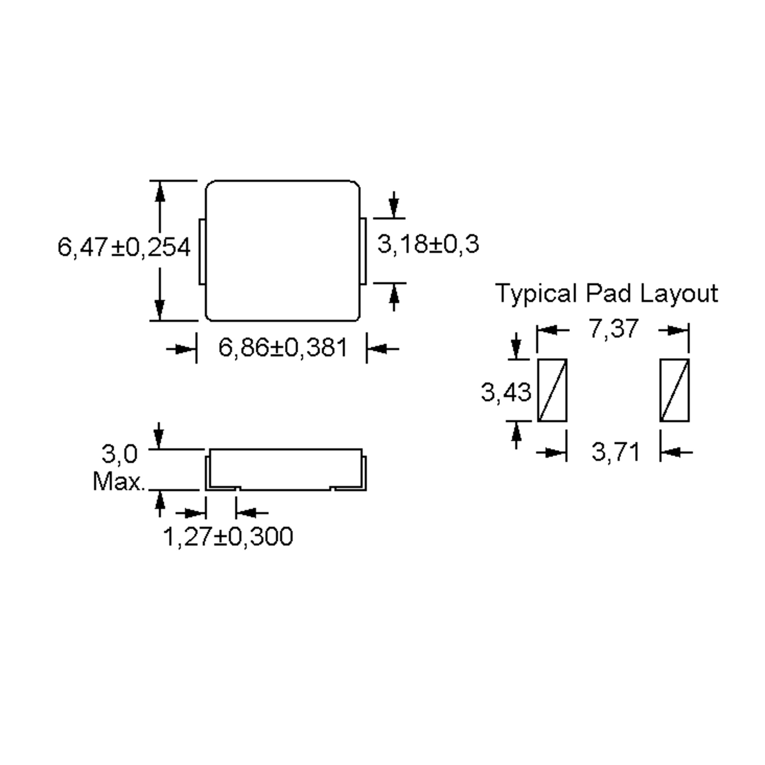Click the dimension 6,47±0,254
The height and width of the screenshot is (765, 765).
tap(124, 247)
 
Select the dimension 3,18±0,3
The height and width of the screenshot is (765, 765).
tap(428, 244)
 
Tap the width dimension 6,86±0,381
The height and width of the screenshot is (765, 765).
tap(283, 348)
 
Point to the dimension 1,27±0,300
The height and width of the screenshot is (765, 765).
tap(228, 537)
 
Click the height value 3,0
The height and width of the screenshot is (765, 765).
tap(120, 454)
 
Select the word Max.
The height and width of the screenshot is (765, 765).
tap(119, 482)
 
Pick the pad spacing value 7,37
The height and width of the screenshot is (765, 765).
tap(614, 329)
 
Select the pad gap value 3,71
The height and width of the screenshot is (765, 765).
tap(615, 451)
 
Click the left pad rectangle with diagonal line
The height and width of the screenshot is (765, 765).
tap(552, 390)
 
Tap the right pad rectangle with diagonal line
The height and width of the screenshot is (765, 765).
tap(674, 390)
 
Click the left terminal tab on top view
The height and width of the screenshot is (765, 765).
tap(202, 251)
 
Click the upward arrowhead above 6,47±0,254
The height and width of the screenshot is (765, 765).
tap(160, 193)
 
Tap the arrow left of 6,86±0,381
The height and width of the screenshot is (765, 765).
tap(185, 349)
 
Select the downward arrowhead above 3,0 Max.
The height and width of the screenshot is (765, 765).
tap(159, 438)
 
